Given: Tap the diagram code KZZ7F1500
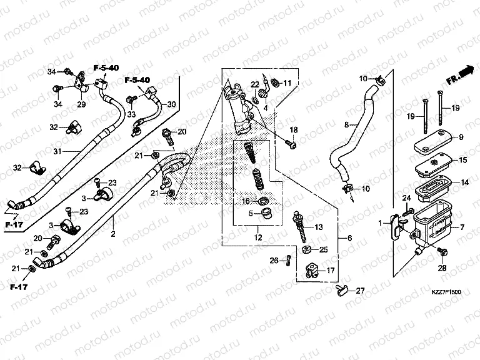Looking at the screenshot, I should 445,292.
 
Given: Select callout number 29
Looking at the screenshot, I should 81,104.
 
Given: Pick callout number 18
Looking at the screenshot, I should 293,129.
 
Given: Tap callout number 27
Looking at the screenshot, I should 359,291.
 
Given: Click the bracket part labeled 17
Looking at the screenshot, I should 312,271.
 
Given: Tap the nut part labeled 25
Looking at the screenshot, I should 307,250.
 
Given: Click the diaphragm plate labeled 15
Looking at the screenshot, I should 434,161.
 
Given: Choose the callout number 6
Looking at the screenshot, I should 349,239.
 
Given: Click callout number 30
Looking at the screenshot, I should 171,104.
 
